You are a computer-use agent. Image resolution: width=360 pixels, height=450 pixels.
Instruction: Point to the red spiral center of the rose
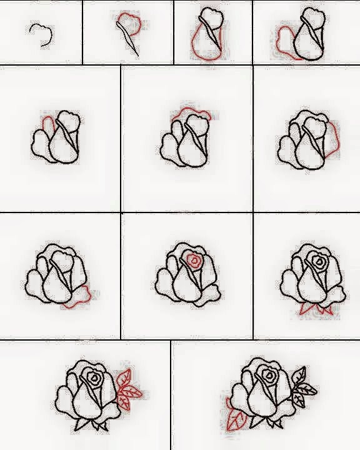[x=194, y=259]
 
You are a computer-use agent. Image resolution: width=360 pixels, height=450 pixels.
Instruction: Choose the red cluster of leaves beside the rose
[x=129, y=391]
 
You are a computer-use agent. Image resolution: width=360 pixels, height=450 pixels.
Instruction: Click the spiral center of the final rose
[x=267, y=375]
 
